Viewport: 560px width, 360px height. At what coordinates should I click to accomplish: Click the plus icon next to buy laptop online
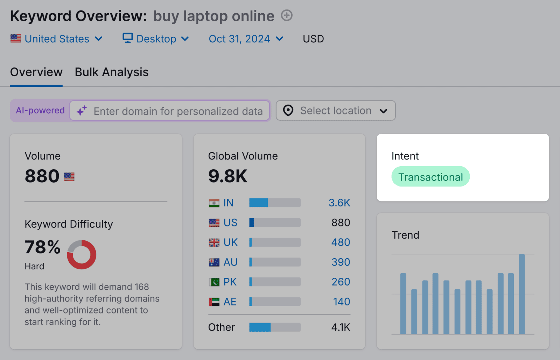coord(287,15)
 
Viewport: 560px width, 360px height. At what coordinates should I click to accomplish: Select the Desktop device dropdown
coord(156,39)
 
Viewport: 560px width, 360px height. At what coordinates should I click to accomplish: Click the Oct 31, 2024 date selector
coord(246,39)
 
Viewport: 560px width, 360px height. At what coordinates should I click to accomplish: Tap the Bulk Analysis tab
coord(112,72)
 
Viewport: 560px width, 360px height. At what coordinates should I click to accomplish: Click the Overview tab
coord(36,72)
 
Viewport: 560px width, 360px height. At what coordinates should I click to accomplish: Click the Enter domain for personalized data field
coord(178,111)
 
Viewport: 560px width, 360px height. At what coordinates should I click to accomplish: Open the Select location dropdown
coord(336,111)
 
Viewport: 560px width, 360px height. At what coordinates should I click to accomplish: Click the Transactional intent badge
coord(430,177)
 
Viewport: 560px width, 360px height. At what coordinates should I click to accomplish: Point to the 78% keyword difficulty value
coord(42,247)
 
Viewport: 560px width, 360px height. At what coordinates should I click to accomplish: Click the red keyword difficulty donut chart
coord(82,255)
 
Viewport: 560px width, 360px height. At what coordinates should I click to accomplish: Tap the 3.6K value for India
coord(339,203)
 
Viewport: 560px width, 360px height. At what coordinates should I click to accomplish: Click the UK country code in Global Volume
coord(230,242)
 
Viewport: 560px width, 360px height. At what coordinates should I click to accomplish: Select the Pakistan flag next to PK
coord(214,282)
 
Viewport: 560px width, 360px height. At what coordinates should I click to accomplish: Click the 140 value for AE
coord(341,302)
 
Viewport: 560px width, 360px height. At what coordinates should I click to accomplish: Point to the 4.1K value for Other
coord(341,327)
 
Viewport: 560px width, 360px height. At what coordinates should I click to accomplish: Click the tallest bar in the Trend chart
coord(521,294)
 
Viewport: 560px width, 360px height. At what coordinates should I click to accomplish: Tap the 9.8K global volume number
coord(228,176)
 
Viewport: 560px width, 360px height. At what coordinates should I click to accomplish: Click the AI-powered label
coord(40,111)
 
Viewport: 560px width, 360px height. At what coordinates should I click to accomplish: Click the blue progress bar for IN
coord(258,203)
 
